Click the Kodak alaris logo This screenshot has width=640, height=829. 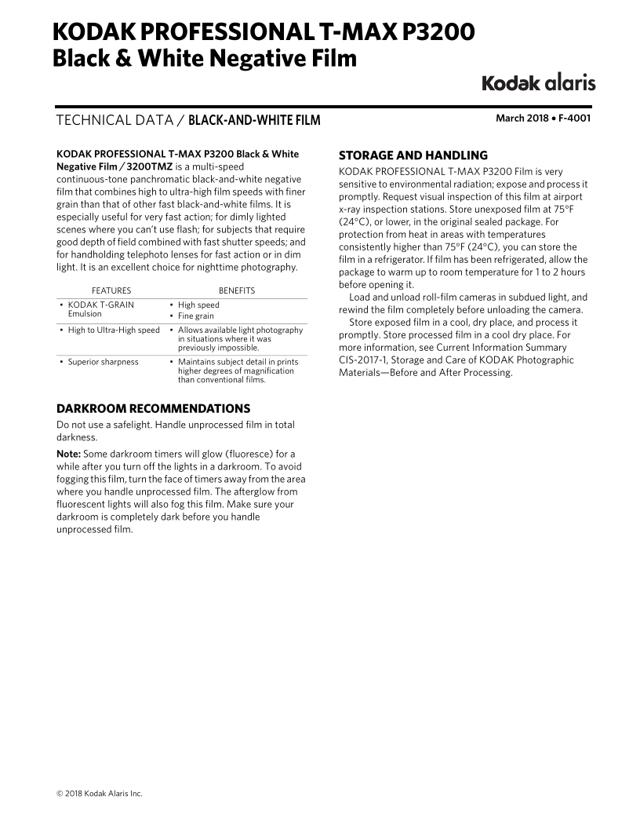(x=537, y=82)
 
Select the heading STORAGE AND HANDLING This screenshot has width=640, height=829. (x=413, y=155)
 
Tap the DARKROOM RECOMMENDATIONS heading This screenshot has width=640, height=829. (x=154, y=408)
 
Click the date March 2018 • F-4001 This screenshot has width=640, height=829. (x=543, y=119)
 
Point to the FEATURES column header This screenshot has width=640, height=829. (x=111, y=290)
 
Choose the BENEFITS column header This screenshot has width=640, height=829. (x=236, y=290)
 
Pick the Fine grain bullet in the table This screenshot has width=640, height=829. (x=195, y=316)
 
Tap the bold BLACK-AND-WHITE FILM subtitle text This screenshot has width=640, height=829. (x=255, y=120)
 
